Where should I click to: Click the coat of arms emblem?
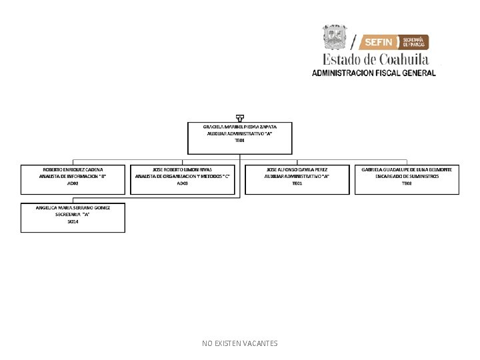tap(335, 37)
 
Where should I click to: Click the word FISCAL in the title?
tap(382, 73)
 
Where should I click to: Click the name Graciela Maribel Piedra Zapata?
tap(239, 126)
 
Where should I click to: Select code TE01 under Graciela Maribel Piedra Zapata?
tap(239, 141)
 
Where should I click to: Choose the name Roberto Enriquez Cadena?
tap(73, 169)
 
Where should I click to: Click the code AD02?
tap(73, 183)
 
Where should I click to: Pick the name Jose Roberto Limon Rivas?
tap(183, 169)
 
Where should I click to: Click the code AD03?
tap(183, 183)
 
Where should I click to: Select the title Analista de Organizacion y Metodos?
tap(183, 176)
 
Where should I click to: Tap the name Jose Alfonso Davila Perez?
tap(297, 169)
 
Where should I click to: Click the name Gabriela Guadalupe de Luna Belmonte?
tap(407, 169)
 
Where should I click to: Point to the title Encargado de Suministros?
tap(407, 176)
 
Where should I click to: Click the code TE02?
tap(407, 183)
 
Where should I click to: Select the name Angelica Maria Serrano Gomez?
tap(73, 207)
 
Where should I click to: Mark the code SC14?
tap(73, 221)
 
